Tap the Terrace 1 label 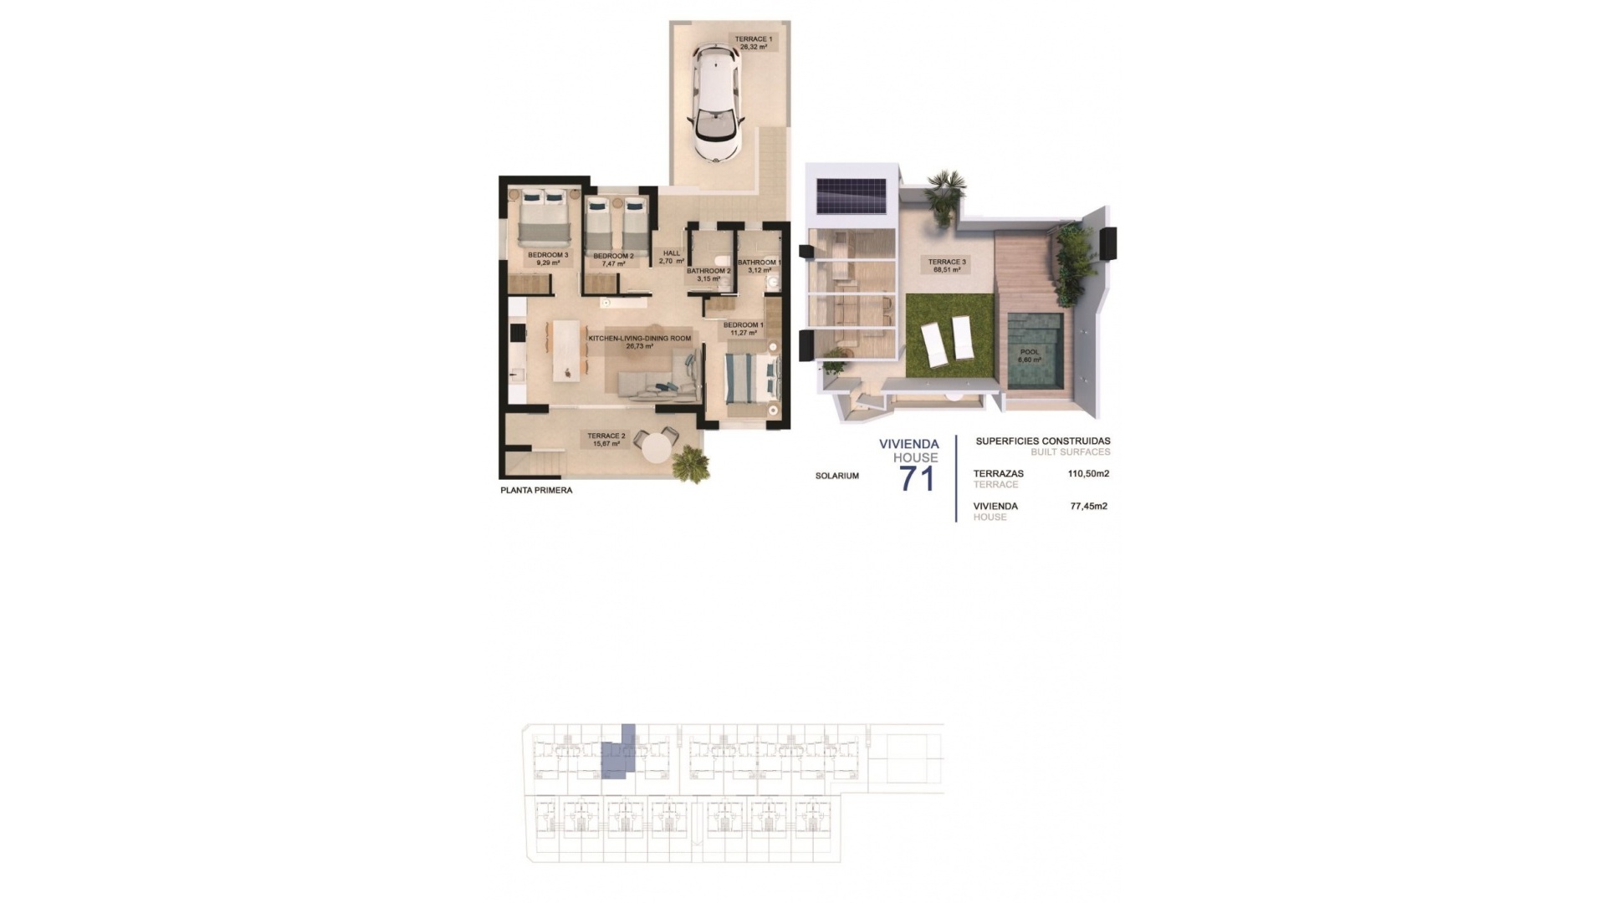[754, 43]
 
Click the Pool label [1029, 356]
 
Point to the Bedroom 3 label [548, 259]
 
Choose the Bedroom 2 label [613, 259]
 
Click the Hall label [672, 257]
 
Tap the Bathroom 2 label [709, 274]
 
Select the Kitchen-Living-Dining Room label [640, 341]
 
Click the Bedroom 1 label [743, 329]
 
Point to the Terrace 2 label [606, 440]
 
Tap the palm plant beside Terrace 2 [691, 462]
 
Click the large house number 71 [916, 479]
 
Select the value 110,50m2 [1088, 473]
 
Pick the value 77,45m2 [1088, 506]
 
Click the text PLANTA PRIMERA [536, 491]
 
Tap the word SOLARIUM [837, 476]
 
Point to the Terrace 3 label [947, 266]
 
